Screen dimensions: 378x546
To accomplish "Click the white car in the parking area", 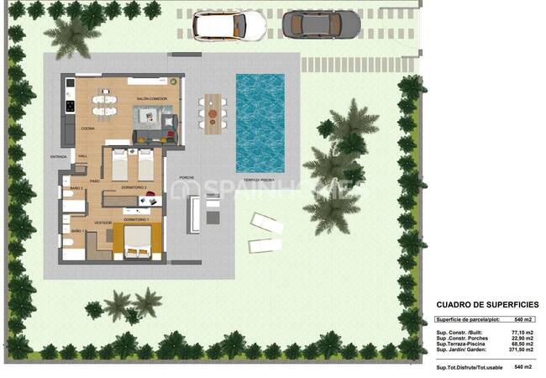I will (x=229, y=24).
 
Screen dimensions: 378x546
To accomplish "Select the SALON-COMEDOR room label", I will (x=151, y=99).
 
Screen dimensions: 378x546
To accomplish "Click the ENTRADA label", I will (x=58, y=156).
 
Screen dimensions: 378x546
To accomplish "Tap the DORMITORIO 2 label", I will (x=134, y=186).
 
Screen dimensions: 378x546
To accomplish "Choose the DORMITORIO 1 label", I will (x=136, y=219).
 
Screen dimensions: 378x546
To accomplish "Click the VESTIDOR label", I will (x=102, y=223).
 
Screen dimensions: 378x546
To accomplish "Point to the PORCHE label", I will (x=186, y=178).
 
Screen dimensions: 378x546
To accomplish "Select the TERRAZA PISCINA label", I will (x=260, y=181).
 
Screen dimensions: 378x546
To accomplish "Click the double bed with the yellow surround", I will (x=138, y=241).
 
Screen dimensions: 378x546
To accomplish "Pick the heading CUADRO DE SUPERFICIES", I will (x=487, y=305).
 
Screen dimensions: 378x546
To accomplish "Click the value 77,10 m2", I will (x=522, y=333).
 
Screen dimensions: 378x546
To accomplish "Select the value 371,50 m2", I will (x=520, y=350).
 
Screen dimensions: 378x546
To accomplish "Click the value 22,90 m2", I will (x=522, y=339).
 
